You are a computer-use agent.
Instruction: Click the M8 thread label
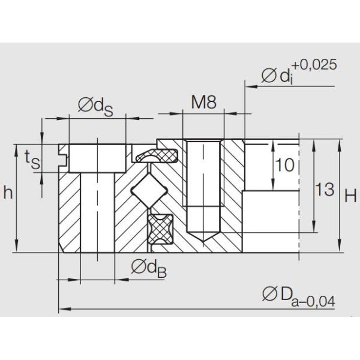(x=203, y=103)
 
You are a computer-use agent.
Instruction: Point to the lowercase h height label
(x=8, y=193)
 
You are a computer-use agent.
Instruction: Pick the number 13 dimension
(x=325, y=190)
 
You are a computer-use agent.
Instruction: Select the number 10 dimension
(x=286, y=166)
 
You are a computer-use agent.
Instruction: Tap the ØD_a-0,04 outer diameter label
(x=297, y=296)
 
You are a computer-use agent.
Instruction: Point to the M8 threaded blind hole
(x=203, y=186)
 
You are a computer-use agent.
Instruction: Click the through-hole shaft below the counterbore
(x=96, y=210)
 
